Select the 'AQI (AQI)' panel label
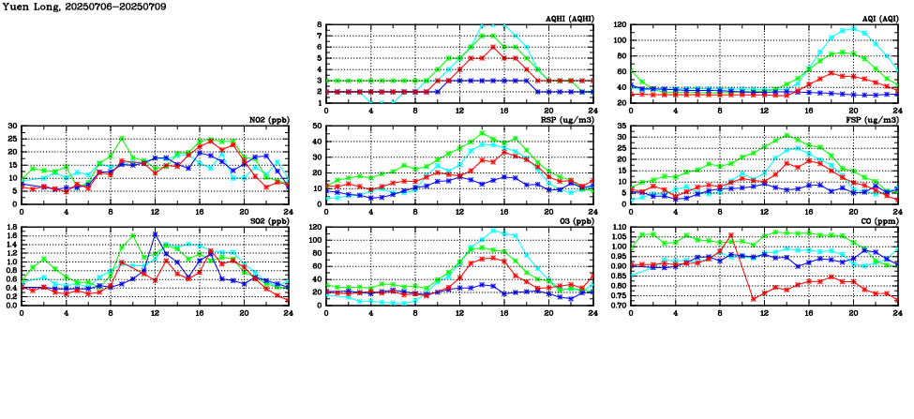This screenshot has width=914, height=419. [x=878, y=19]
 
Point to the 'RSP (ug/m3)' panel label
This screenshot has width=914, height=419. [x=570, y=120]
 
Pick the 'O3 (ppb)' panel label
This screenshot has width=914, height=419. [x=577, y=221]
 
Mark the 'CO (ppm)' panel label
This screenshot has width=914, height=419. [x=879, y=221]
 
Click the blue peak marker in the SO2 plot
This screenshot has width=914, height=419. [x=155, y=233]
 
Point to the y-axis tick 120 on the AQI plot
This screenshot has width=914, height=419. [x=620, y=24]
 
